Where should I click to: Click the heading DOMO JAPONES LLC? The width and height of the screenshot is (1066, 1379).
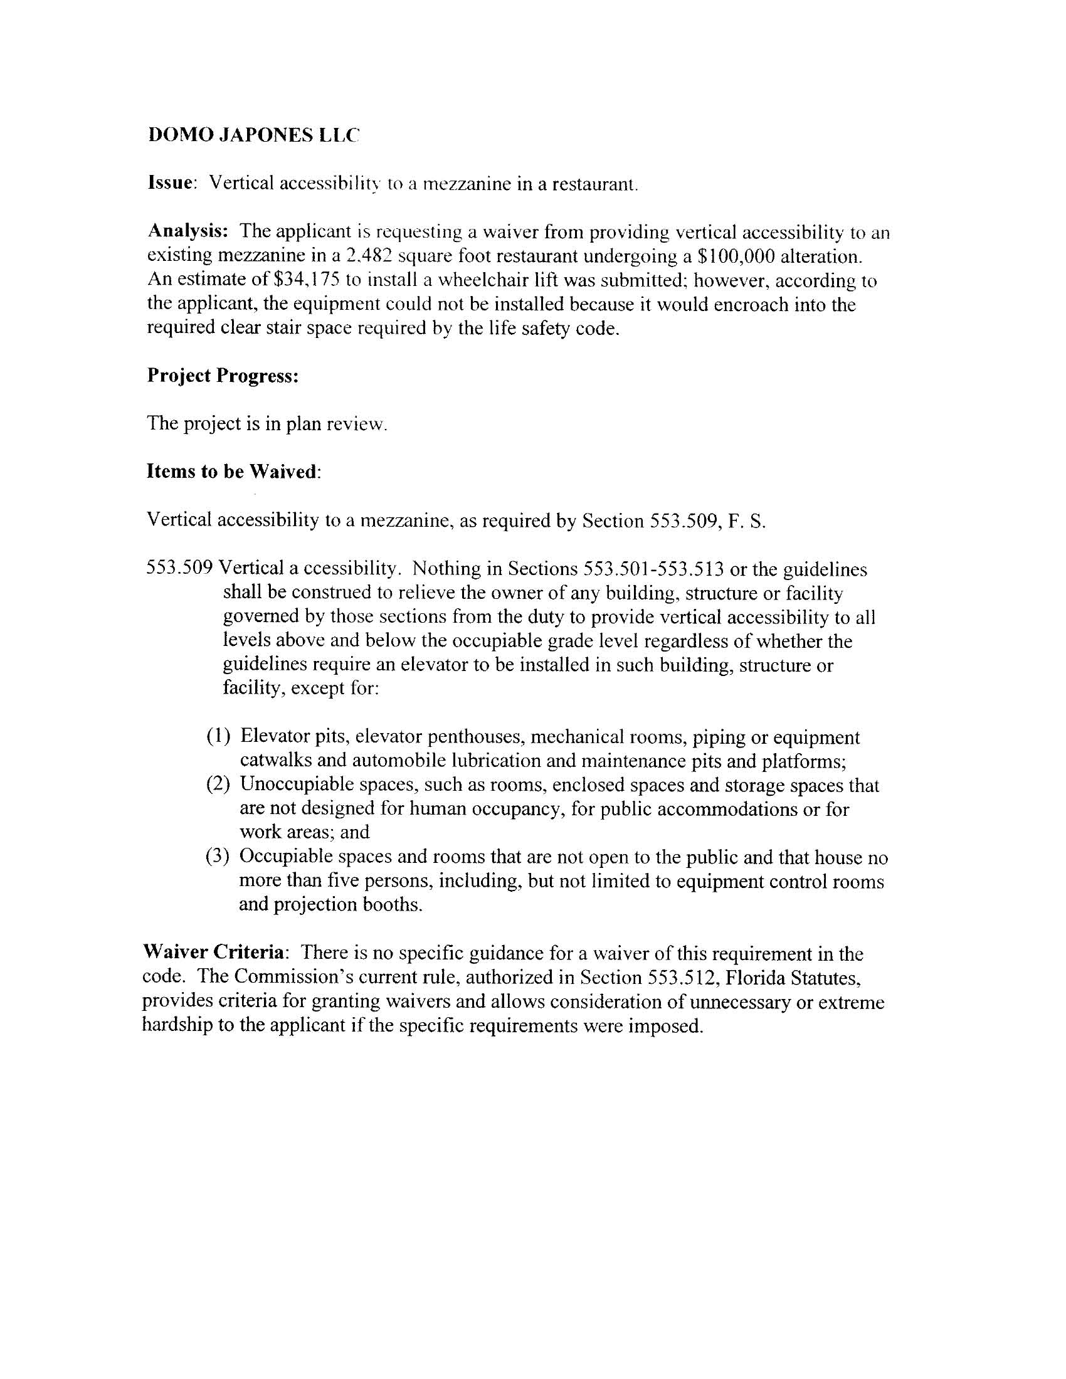click(x=253, y=135)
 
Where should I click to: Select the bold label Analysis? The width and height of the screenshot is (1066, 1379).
click(x=187, y=231)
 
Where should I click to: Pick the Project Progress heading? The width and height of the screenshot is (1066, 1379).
click(x=223, y=376)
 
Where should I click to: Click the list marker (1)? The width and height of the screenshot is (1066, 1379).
click(x=218, y=736)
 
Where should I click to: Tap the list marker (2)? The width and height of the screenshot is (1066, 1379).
click(x=218, y=785)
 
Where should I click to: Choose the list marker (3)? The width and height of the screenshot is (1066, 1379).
click(x=218, y=857)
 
